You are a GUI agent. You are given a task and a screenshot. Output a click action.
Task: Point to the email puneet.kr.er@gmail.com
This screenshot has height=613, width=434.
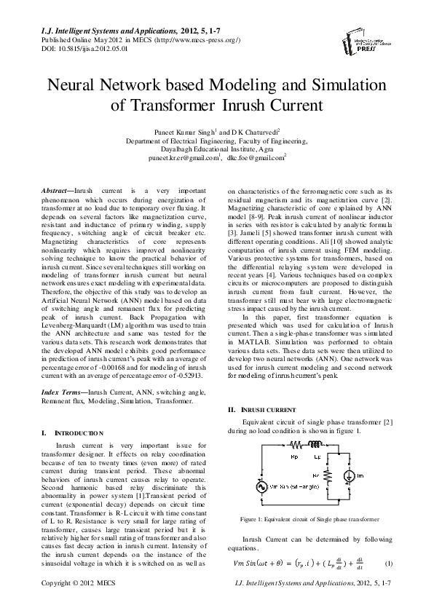(x=184, y=157)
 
